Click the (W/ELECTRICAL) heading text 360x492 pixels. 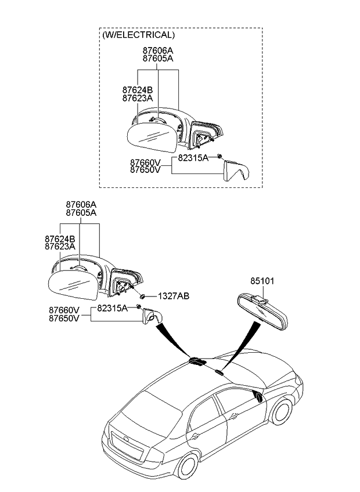pyautogui.click(x=138, y=35)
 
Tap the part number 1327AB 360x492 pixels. pyautogui.click(x=174, y=296)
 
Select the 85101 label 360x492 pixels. pyautogui.click(x=262, y=281)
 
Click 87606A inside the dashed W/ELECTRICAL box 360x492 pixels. pyautogui.click(x=157, y=50)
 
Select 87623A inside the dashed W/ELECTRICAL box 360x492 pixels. pyautogui.click(x=137, y=98)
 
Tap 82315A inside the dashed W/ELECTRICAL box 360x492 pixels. pyautogui.click(x=193, y=158)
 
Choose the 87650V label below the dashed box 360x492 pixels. pyautogui.click(x=64, y=318)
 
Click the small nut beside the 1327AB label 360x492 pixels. pyautogui.click(x=142, y=296)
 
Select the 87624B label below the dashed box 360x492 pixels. pyautogui.click(x=60, y=238)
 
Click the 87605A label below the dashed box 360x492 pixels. pyautogui.click(x=80, y=213)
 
